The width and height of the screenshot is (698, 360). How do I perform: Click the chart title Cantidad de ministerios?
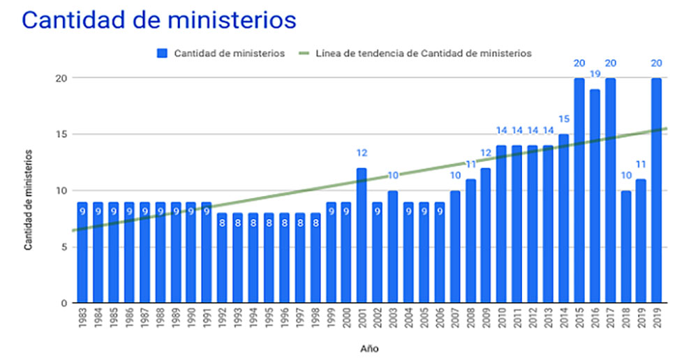point(159,20)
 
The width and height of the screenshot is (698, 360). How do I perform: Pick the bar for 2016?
point(595,195)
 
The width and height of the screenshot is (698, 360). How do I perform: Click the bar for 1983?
point(83,252)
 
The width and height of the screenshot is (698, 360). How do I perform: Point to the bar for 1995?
point(269,257)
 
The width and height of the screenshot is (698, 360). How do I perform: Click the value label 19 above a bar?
point(595,75)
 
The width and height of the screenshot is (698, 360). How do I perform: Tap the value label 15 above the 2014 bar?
point(564,119)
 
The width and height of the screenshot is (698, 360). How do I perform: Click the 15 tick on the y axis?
point(61,134)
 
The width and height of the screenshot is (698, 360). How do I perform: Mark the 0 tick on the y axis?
point(64,303)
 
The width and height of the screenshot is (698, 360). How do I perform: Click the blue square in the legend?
point(162,53)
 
